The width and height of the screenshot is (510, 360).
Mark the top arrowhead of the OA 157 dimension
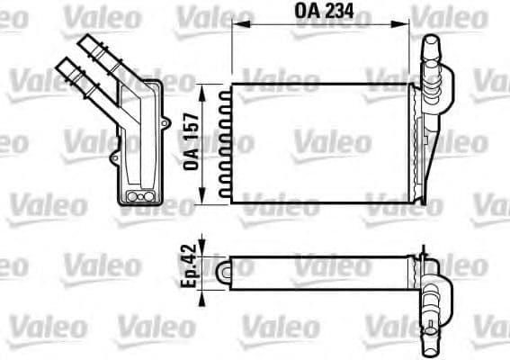click(x=214, y=89)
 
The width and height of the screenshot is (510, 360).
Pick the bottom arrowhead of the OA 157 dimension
click(x=214, y=195)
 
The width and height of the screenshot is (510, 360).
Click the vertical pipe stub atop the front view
click(x=431, y=56)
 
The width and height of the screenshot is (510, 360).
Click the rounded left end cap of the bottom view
click(x=226, y=269)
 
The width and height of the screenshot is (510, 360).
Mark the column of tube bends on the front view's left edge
click(x=227, y=142)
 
